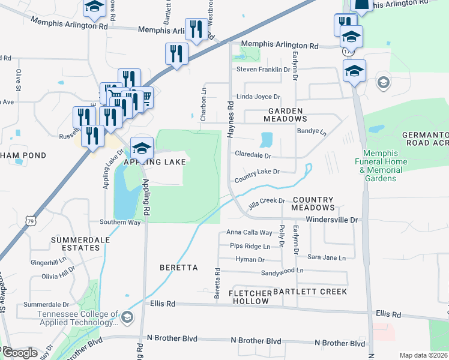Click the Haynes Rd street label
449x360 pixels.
231,121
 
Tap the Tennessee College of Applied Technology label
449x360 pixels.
78,319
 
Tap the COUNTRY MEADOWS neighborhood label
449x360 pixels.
312,203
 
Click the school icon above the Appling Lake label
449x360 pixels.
142,147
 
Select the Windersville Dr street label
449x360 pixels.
332,220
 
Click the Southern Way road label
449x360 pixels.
121,222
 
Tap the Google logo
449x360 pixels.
20,352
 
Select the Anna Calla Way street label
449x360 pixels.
249,233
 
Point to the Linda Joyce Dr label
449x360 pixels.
258,97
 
